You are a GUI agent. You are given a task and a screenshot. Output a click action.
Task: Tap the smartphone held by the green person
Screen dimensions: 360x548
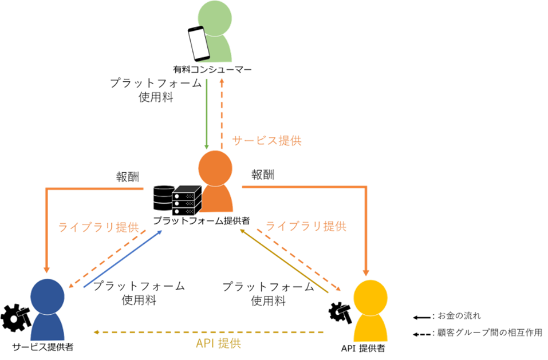[199, 43]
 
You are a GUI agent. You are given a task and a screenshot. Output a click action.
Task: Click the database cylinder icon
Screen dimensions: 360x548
[163, 197]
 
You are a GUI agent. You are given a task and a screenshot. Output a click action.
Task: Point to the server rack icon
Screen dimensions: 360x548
[187, 200]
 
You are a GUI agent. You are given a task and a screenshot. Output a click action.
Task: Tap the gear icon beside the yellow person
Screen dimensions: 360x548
[340, 311]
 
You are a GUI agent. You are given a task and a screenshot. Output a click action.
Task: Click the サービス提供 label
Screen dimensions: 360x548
[266, 141]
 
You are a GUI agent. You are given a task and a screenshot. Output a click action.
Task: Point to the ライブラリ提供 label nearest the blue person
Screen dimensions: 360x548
[98, 227]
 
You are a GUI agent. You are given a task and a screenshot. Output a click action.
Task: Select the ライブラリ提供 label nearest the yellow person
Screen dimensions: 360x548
[306, 226]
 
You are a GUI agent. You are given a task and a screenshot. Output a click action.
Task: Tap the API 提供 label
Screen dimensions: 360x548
[218, 344]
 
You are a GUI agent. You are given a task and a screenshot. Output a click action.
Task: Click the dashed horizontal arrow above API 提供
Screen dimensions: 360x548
[209, 331]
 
